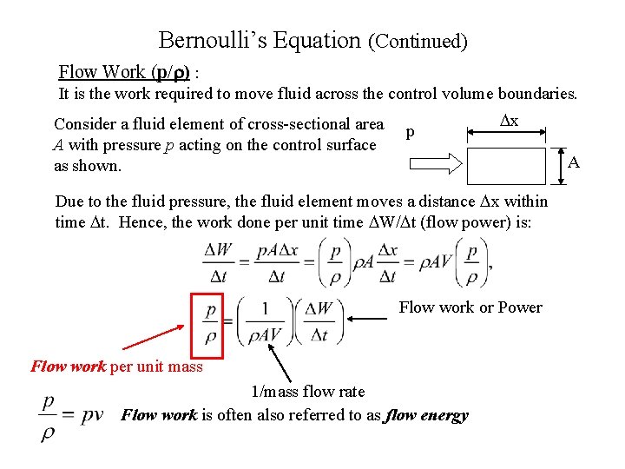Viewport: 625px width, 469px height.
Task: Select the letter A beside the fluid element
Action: click(573, 162)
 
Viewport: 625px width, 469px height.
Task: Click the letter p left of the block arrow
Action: click(410, 133)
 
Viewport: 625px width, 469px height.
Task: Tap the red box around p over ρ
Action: click(207, 325)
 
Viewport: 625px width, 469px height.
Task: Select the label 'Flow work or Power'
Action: click(470, 307)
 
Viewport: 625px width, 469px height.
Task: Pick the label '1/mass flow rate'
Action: click(307, 392)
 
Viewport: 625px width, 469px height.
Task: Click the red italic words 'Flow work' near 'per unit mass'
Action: click(68, 367)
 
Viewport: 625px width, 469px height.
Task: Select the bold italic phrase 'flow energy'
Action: click(426, 415)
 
